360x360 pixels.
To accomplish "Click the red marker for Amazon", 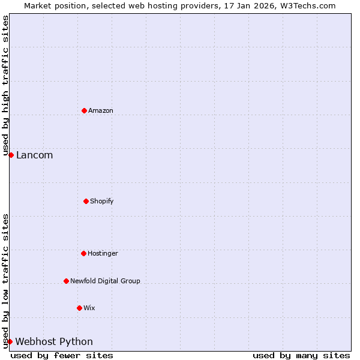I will pos(84,110).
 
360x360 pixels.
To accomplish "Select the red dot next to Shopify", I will pos(86,201).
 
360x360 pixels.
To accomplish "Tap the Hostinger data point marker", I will pos(83,253).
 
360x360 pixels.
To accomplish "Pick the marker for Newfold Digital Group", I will pos(66,281).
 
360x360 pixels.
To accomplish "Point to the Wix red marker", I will pos(79,308).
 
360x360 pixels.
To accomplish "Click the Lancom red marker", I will pos(11,155).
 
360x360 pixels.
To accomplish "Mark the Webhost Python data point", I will pos(10,341).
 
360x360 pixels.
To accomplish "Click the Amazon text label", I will pos(101,110).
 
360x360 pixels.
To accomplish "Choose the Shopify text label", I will pos(102,201).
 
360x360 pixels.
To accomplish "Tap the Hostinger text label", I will pos(103,253).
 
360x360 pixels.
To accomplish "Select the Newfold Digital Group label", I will pos(105,281).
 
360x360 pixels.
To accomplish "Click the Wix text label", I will pos(89,308).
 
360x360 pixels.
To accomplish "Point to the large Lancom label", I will pos(34,155).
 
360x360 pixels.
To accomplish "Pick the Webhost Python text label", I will pos(54,341).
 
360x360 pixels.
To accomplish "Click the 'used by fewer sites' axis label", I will pos(62,355).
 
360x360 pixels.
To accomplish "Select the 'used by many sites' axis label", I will pos(301,355).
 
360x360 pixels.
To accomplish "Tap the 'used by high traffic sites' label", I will pos(5,85).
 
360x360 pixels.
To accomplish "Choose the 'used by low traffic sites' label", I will pos(5,280).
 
